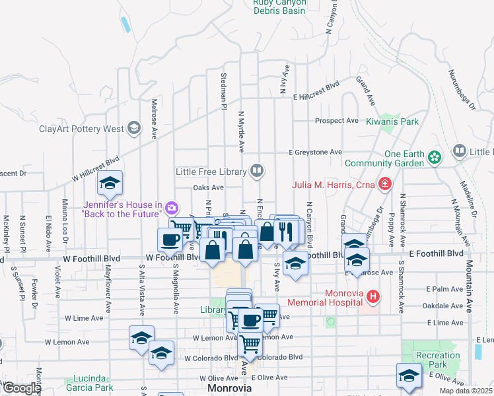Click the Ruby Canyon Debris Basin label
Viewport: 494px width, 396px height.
(279, 7)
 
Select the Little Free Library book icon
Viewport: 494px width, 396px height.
(257, 172)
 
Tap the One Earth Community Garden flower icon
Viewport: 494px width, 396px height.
(435, 157)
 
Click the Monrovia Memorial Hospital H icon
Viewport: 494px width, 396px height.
(374, 297)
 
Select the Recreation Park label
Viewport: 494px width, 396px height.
(439, 360)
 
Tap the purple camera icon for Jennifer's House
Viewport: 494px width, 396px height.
(172, 209)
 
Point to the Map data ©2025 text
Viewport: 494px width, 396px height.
(466, 391)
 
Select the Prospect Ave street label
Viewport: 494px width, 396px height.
(336, 121)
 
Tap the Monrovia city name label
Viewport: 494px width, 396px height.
(230, 388)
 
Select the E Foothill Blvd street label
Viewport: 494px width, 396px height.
(436, 253)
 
